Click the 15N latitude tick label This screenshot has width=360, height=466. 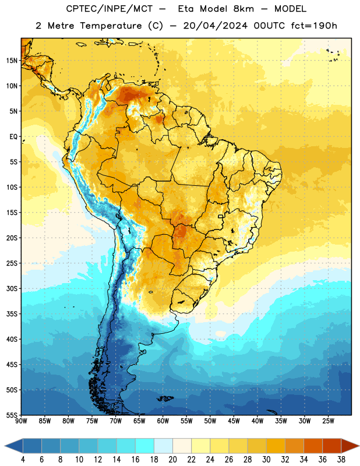(x=12, y=61)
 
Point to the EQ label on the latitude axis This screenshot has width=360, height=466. (x=13, y=137)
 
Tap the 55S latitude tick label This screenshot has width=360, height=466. (x=12, y=415)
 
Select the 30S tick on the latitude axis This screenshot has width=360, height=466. (x=12, y=288)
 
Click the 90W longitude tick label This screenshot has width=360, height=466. (x=22, y=421)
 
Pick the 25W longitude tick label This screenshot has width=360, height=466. (x=328, y=421)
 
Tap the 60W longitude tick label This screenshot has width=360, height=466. (x=163, y=421)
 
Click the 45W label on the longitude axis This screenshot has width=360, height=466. (x=234, y=421)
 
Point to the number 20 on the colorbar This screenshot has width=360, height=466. (x=172, y=460)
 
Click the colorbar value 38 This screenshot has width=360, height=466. (x=341, y=460)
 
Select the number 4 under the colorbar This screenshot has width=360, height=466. (x=23, y=460)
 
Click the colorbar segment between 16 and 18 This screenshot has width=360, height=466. (x=144, y=446)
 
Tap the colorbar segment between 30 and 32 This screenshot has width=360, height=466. (x=276, y=446)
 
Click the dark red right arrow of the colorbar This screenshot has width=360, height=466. (x=350, y=446)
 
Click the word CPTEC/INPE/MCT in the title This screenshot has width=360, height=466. (x=109, y=9)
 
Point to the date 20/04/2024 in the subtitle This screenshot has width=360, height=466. (x=215, y=26)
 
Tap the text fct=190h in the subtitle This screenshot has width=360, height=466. (x=314, y=26)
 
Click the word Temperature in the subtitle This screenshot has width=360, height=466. (x=111, y=26)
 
